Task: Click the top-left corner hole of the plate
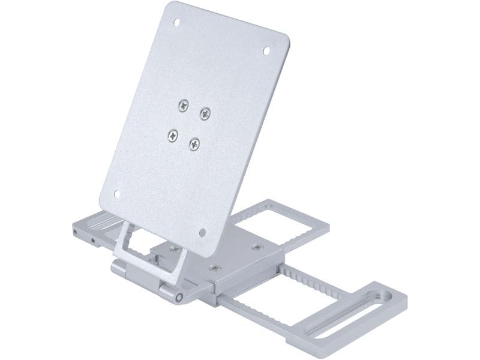(176, 23)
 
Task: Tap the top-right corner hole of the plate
(267, 51)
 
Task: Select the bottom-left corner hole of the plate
(117, 194)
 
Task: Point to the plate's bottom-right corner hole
(202, 232)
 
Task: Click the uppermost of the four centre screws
(183, 106)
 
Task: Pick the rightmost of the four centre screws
(205, 113)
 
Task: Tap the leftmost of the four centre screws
(173, 135)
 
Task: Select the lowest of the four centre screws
(194, 143)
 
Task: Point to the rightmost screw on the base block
(257, 247)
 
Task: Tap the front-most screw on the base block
(215, 268)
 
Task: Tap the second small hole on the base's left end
(93, 240)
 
